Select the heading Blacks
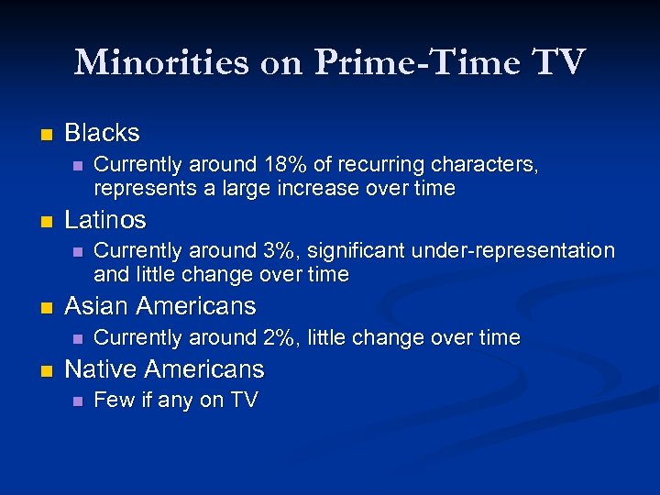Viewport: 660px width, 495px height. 102,133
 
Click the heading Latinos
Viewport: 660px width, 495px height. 105,220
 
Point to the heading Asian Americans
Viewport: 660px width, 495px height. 160,306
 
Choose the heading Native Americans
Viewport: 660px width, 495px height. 164,369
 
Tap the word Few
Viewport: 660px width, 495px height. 114,400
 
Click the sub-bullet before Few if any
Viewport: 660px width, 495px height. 76,401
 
